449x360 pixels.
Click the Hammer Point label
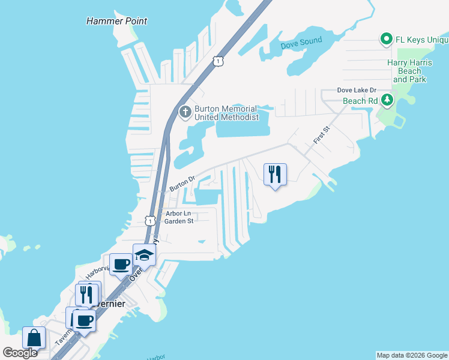[x=116, y=21]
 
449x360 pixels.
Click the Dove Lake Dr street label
[x=356, y=90]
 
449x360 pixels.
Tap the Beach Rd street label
[x=363, y=101]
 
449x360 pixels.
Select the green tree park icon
[x=388, y=100]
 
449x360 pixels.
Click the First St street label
[x=321, y=135]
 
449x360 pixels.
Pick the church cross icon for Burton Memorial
[x=185, y=112]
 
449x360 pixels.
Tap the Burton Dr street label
[x=182, y=183]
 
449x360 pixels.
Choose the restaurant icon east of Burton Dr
[x=275, y=175]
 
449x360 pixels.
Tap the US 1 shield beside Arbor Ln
[x=149, y=220]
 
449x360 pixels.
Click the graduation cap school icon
[x=144, y=256]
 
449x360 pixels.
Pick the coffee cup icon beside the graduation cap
[x=121, y=263]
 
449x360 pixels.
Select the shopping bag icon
[x=34, y=337]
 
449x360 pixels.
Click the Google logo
[x=20, y=353]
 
